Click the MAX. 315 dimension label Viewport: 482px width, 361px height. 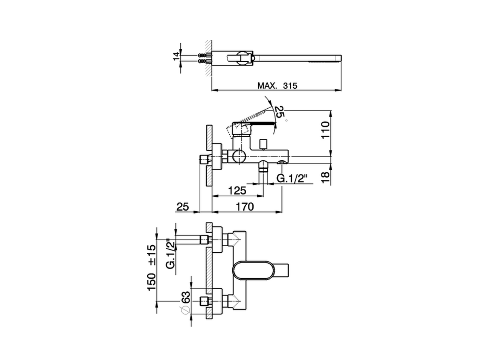click(x=277, y=86)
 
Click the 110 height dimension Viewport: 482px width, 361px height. click(x=325, y=130)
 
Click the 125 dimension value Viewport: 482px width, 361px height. click(x=237, y=190)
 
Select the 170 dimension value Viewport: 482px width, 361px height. click(x=245, y=206)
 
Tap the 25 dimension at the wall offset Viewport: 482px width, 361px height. click(x=182, y=206)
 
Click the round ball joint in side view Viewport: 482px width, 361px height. click(x=238, y=156)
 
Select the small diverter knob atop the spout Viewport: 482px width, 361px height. click(x=263, y=143)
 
